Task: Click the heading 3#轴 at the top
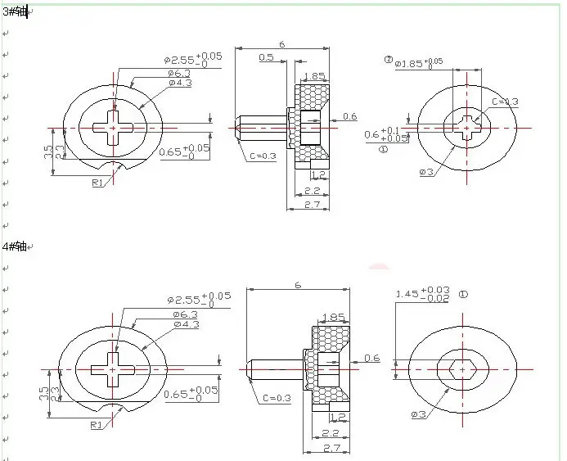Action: pyautogui.click(x=14, y=11)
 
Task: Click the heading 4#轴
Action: pyautogui.click(x=14, y=246)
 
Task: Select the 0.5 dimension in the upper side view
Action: pyautogui.click(x=266, y=56)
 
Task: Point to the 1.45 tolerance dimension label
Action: pyautogui.click(x=421, y=295)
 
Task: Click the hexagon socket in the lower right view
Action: pyautogui.click(x=462, y=369)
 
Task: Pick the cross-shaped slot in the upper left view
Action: pyautogui.click(x=113, y=127)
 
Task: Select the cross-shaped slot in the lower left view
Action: pyautogui.click(x=113, y=369)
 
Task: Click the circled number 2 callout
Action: pyautogui.click(x=388, y=60)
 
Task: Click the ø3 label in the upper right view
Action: pyautogui.click(x=425, y=171)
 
